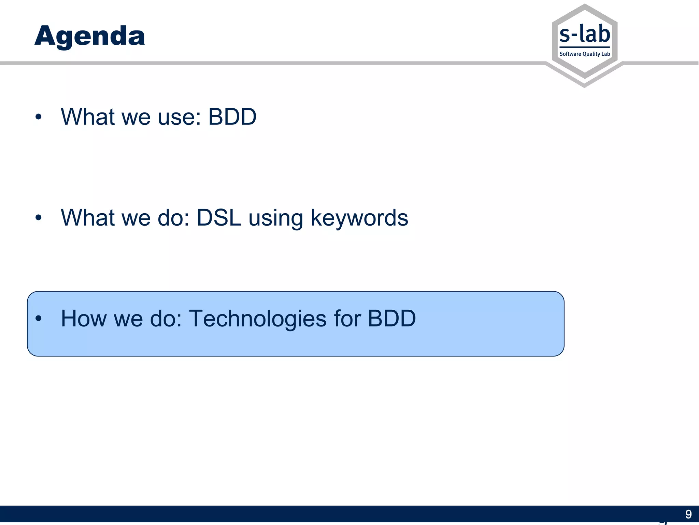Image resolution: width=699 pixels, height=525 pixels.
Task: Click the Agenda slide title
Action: pyautogui.click(x=90, y=36)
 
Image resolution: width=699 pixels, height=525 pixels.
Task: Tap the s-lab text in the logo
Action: pyautogui.click(x=585, y=35)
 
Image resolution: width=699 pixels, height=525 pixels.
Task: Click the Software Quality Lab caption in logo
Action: pyautogui.click(x=585, y=54)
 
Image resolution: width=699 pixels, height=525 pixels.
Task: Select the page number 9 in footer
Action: pyautogui.click(x=688, y=514)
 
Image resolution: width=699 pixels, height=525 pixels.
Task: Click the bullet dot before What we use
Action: pyautogui.click(x=38, y=117)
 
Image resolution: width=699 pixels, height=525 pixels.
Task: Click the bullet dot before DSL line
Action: pyautogui.click(x=38, y=218)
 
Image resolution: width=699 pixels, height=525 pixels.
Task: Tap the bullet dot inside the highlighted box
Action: pyautogui.click(x=38, y=319)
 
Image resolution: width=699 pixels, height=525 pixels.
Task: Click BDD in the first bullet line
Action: pyautogui.click(x=232, y=117)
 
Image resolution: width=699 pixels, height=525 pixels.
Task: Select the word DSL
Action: pyautogui.click(x=219, y=218)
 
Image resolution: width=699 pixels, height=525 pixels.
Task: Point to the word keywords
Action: pyautogui.click(x=359, y=218)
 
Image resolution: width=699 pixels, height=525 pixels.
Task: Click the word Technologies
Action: pyautogui.click(x=258, y=319)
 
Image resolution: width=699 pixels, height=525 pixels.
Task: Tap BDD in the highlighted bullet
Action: pyautogui.click(x=391, y=319)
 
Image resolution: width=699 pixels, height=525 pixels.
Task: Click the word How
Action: pyautogui.click(x=83, y=319)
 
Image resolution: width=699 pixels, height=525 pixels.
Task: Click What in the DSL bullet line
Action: pyautogui.click(x=87, y=218)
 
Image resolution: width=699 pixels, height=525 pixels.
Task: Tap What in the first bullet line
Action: pyautogui.click(x=87, y=117)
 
